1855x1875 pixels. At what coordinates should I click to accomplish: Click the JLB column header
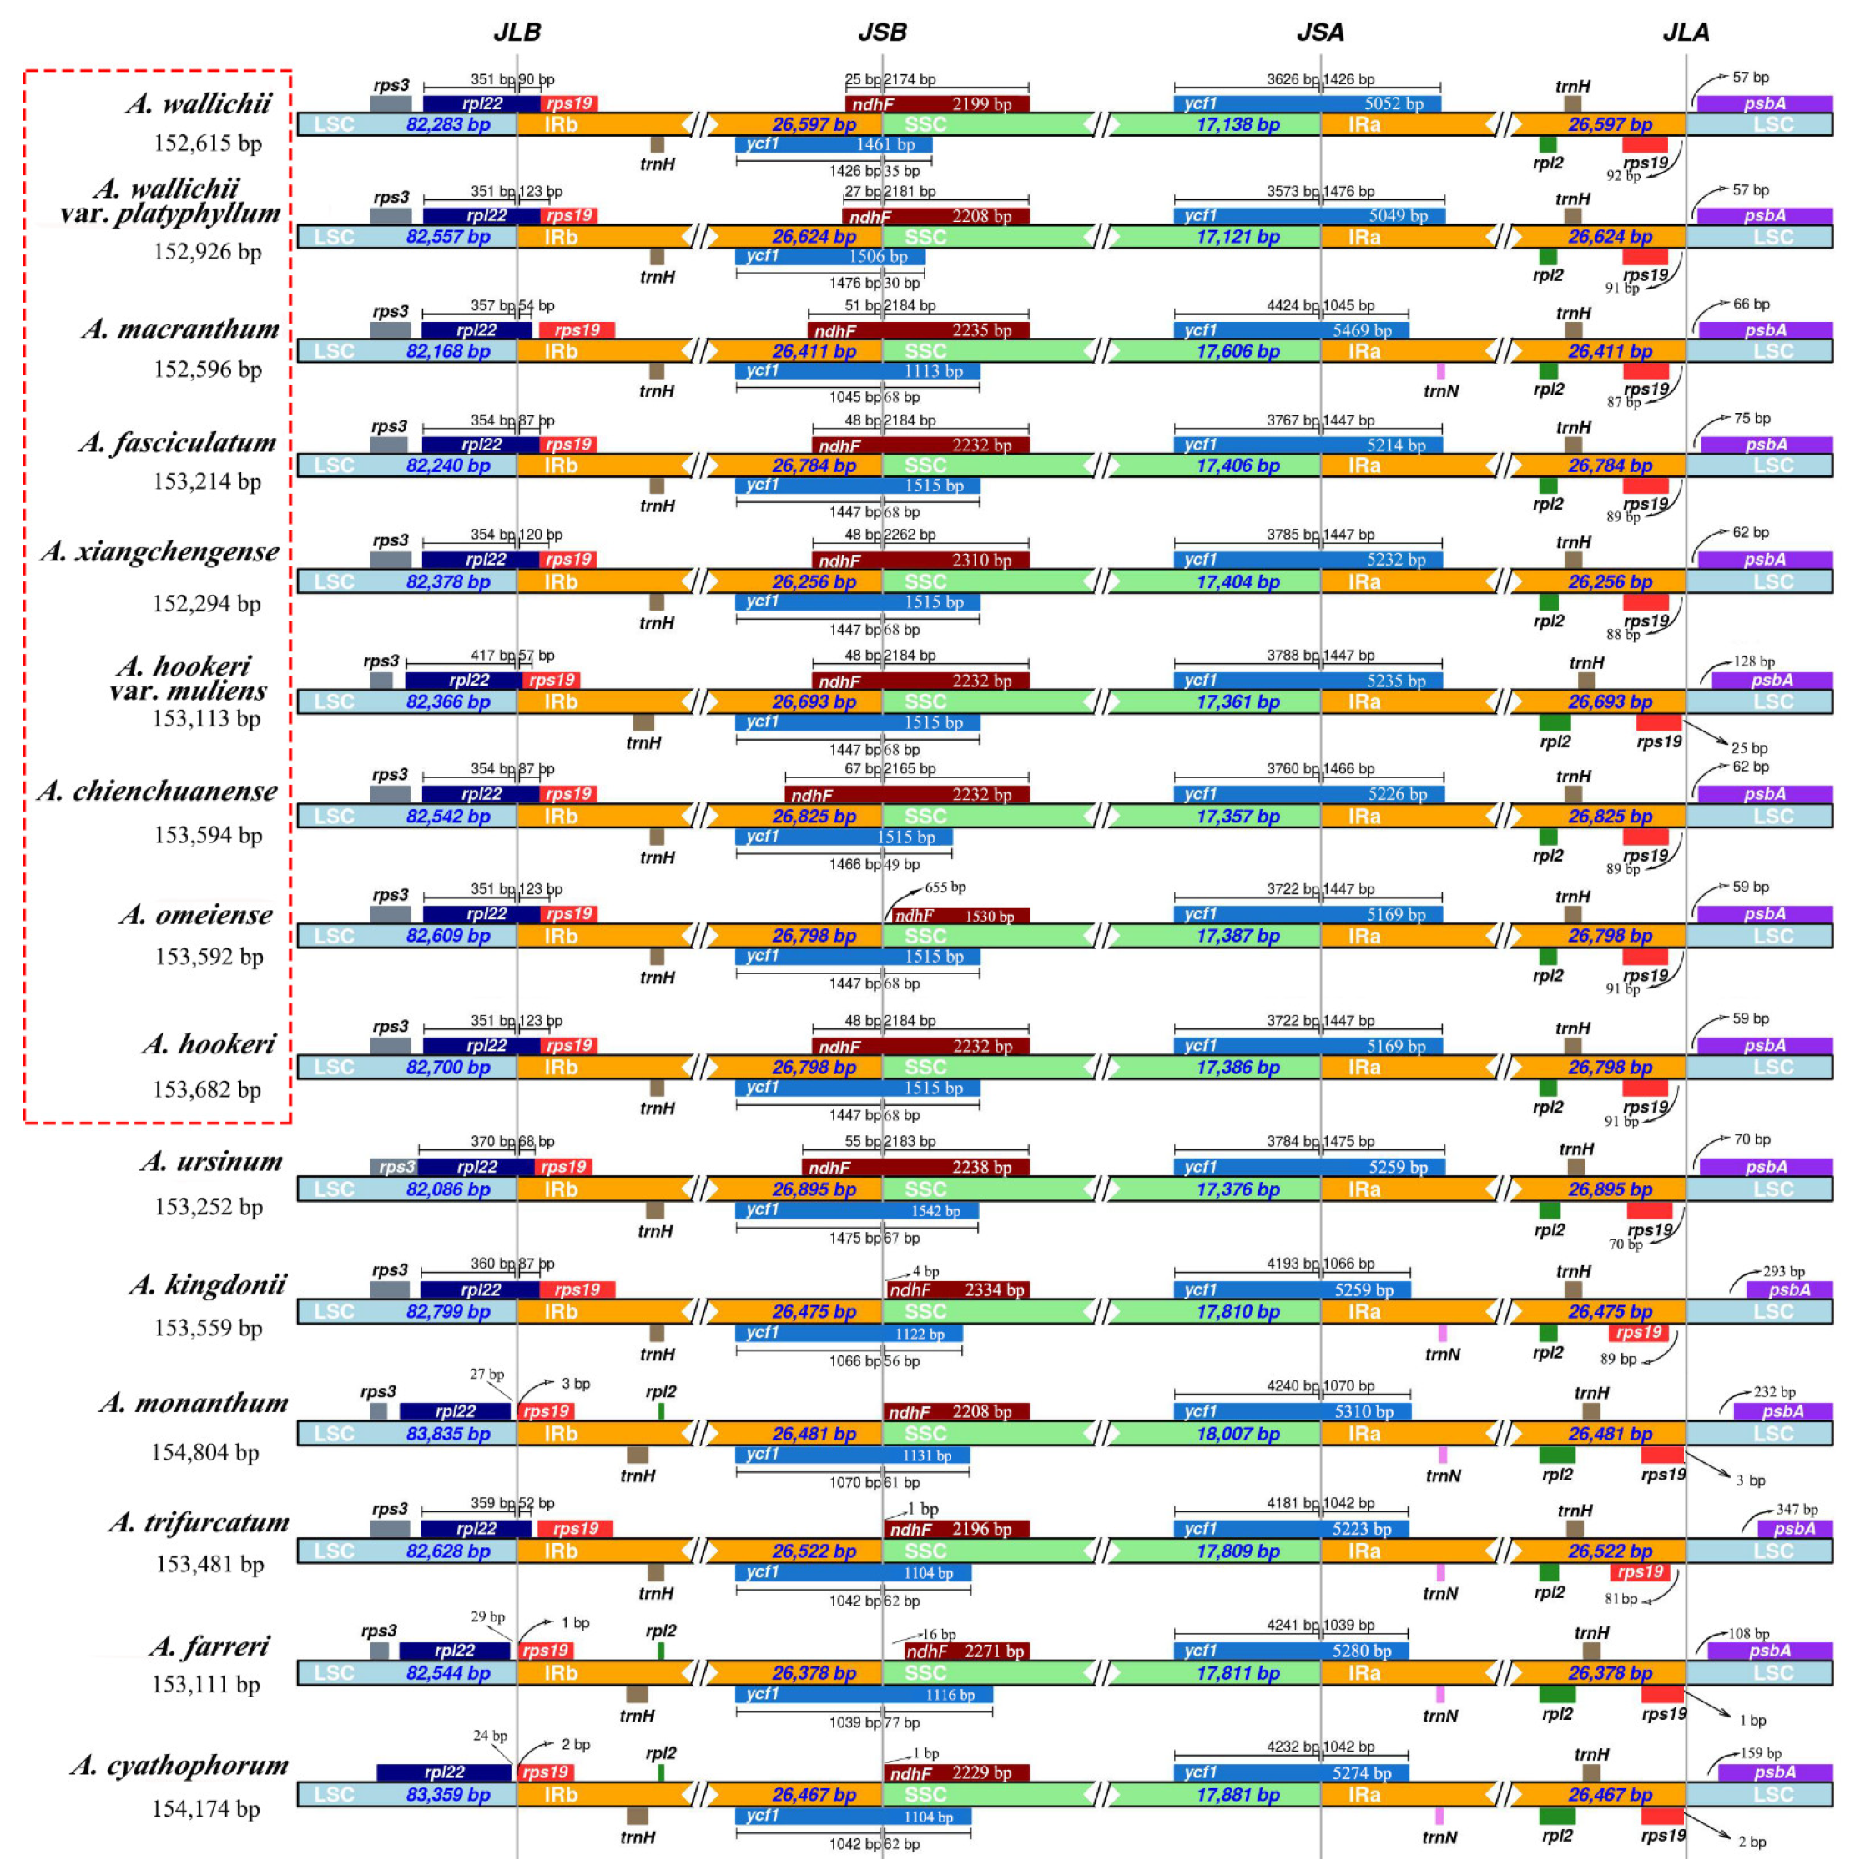click(x=517, y=32)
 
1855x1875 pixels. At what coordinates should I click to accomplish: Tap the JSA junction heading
click(x=1320, y=32)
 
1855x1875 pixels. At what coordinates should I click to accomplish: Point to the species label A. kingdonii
click(x=207, y=1285)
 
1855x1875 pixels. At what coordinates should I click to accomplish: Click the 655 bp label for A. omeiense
click(x=945, y=887)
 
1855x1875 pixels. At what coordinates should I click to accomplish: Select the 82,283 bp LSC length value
click(x=447, y=124)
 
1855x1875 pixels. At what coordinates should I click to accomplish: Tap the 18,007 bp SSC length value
click(x=1238, y=1434)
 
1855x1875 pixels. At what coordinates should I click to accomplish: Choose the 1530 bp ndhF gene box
click(x=955, y=915)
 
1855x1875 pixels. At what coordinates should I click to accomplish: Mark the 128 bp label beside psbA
click(x=1753, y=662)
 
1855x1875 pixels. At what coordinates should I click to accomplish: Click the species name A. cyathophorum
click(x=179, y=1766)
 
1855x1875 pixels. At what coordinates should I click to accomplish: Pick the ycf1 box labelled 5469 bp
click(x=1291, y=331)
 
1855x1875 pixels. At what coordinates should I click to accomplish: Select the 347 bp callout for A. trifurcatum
click(x=1797, y=1509)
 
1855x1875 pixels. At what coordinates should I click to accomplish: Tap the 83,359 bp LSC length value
click(x=447, y=1794)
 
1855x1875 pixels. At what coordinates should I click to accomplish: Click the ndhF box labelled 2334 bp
click(x=956, y=1289)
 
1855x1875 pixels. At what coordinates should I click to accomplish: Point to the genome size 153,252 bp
click(x=209, y=1206)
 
